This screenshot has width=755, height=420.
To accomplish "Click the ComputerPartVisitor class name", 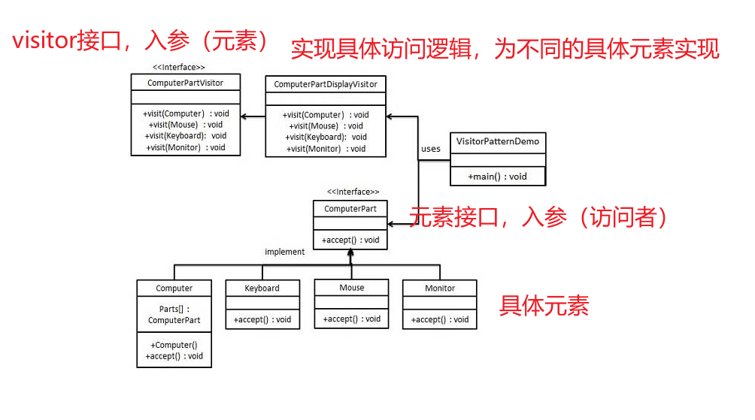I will tap(185, 83).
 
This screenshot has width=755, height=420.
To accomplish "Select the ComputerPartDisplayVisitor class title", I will tap(326, 84).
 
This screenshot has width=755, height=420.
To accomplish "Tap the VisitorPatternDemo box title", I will tap(497, 141).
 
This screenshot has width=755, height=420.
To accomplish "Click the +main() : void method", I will tap(497, 177).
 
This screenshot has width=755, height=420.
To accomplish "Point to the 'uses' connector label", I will tap(431, 149).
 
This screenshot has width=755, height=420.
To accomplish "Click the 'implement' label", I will tap(285, 252).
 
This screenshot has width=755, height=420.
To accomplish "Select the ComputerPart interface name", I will tap(350, 208).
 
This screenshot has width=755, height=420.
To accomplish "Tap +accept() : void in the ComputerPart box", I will tap(350, 240).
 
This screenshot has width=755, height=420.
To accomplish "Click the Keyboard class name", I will tap(262, 288).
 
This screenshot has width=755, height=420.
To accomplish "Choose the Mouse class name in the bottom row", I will tap(351, 287).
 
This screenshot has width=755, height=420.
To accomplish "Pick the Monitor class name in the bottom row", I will tap(440, 288).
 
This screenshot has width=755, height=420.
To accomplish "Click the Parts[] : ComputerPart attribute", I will tap(174, 314).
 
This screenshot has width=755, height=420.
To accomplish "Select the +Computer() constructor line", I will tap(174, 345).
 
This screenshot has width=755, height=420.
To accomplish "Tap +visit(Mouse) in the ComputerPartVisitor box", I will tap(186, 125).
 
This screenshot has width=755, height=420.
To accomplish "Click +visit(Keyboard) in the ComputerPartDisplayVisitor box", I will tap(326, 137).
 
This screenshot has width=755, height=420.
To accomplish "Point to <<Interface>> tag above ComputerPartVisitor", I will tap(179, 67).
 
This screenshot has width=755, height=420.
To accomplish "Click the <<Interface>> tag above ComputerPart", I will tap(353, 192).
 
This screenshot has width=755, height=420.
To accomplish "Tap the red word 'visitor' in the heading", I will tap(43, 41).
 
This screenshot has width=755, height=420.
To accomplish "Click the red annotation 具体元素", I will tap(544, 306).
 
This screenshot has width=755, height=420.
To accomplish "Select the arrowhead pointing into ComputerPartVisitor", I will tap(244, 116).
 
